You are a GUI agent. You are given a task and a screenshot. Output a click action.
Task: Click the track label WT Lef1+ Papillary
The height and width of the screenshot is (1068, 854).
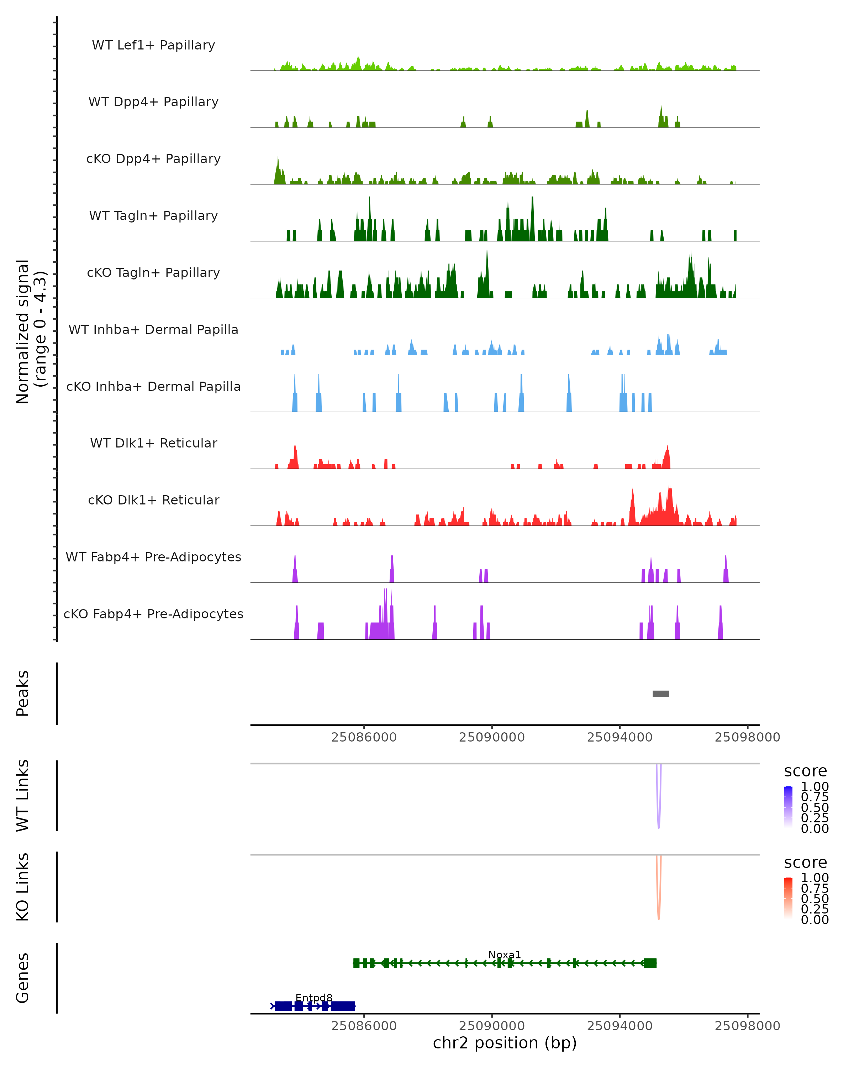(153, 45)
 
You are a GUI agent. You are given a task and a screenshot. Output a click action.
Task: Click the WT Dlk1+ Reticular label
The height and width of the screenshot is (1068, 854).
(153, 443)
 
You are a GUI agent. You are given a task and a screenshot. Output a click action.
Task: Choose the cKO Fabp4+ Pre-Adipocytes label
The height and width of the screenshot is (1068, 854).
(153, 614)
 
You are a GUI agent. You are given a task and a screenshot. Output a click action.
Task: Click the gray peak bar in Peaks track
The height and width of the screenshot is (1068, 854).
(660, 693)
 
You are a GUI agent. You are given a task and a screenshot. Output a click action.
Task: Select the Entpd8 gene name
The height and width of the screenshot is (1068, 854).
(314, 998)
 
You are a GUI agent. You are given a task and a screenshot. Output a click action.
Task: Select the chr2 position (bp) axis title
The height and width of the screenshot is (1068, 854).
(505, 1043)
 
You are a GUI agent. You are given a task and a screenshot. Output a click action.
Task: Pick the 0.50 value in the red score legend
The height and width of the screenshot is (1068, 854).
(815, 899)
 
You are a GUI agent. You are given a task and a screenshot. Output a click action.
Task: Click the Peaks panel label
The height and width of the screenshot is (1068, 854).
(23, 693)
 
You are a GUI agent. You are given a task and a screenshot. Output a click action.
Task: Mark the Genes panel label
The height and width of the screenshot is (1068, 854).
(23, 978)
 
